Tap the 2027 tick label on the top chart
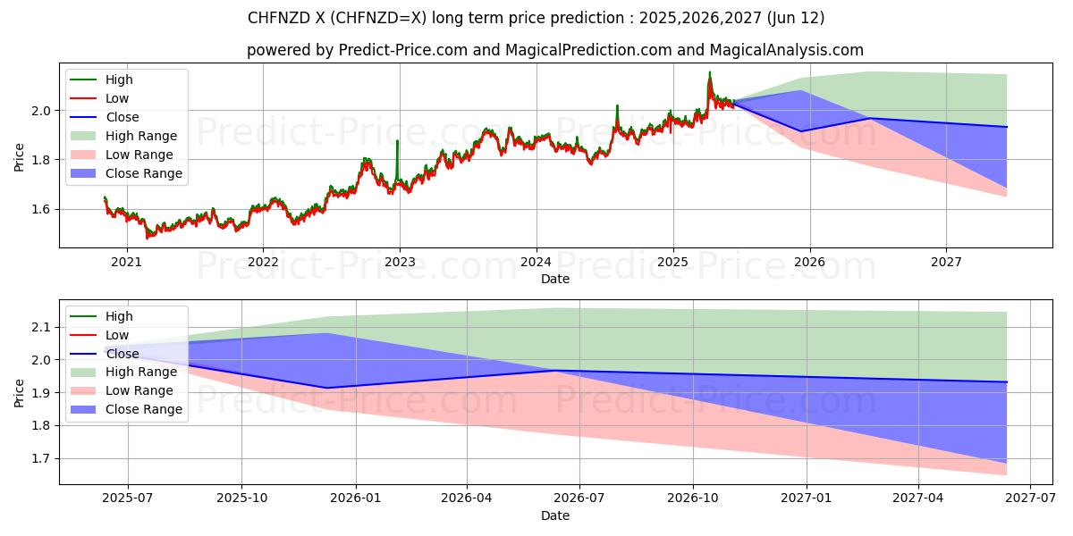pos(946,262)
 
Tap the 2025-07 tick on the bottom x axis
pos(126,498)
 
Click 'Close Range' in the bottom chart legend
pos(143,410)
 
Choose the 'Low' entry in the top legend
pos(117,98)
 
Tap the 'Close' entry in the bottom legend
pos(122,354)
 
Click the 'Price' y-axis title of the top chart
pos(19,157)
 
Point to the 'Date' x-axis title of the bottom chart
pos(555,515)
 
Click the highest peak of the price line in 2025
pos(710,73)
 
